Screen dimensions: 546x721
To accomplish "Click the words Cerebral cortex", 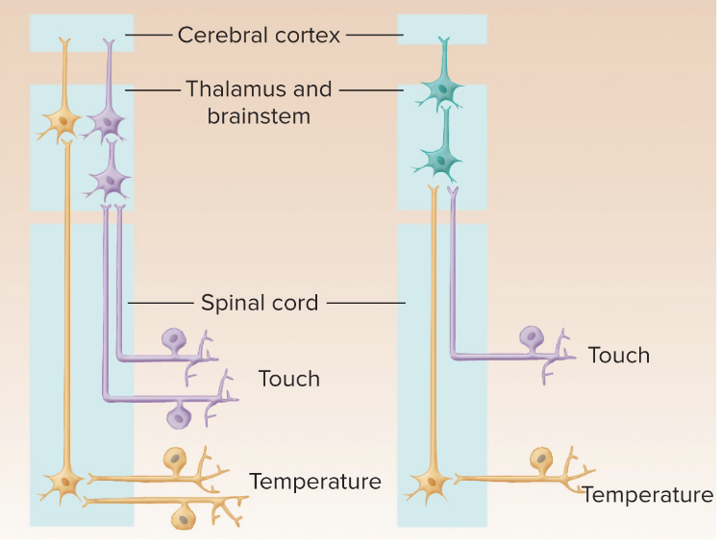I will pos(259,36).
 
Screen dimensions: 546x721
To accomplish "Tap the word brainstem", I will pos(259,116).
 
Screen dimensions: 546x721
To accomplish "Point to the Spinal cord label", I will pos(259,303).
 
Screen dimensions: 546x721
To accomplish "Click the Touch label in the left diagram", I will pos(288,379).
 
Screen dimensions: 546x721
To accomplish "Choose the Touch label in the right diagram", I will pos(618,356).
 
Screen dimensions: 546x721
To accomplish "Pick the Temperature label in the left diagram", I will pos(315,481).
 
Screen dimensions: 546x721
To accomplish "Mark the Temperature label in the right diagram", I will pos(647,495).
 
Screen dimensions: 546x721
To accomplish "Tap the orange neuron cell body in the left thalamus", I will pos(65,122).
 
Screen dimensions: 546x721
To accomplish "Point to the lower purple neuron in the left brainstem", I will pos(112,179).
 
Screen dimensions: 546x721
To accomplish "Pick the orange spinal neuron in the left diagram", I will pos(65,479).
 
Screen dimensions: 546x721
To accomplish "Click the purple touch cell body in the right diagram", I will pos(531,337).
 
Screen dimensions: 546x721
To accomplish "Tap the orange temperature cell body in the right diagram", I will pos(543,459).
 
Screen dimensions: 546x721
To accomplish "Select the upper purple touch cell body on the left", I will pos(175,338).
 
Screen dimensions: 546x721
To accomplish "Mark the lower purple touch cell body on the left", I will pos(178,417).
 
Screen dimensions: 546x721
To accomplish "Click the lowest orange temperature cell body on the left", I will pos(183,517).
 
